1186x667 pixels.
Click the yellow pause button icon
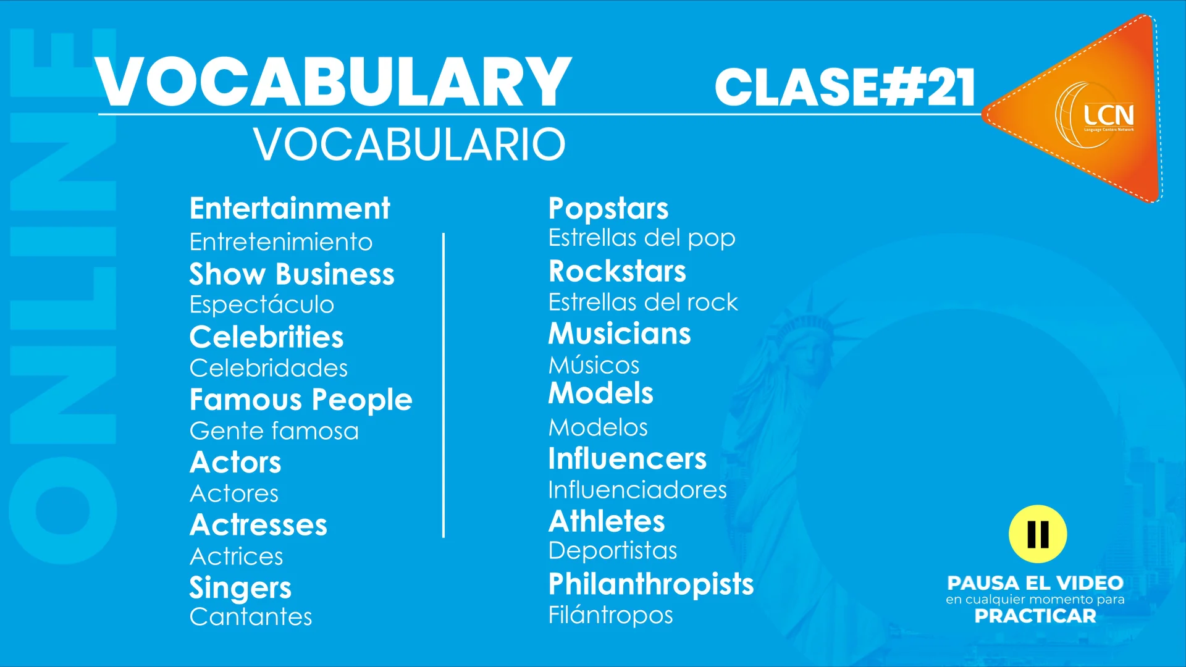1038,534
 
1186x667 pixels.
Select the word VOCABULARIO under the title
409,145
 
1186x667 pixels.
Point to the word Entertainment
290,209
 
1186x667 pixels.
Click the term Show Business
292,274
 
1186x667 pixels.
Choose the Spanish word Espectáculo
262,304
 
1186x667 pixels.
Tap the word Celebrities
266,337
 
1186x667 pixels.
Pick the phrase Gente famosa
274,431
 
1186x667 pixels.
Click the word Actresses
258,525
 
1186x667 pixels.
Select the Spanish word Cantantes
251,617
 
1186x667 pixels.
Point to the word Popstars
608,209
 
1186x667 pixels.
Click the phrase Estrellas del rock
643,303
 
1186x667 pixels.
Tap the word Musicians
620,334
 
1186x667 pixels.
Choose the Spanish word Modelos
598,427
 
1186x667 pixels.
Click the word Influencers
628,459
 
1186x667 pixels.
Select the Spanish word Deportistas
613,550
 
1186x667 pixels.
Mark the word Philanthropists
651,584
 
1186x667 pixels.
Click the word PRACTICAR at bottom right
1035,616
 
